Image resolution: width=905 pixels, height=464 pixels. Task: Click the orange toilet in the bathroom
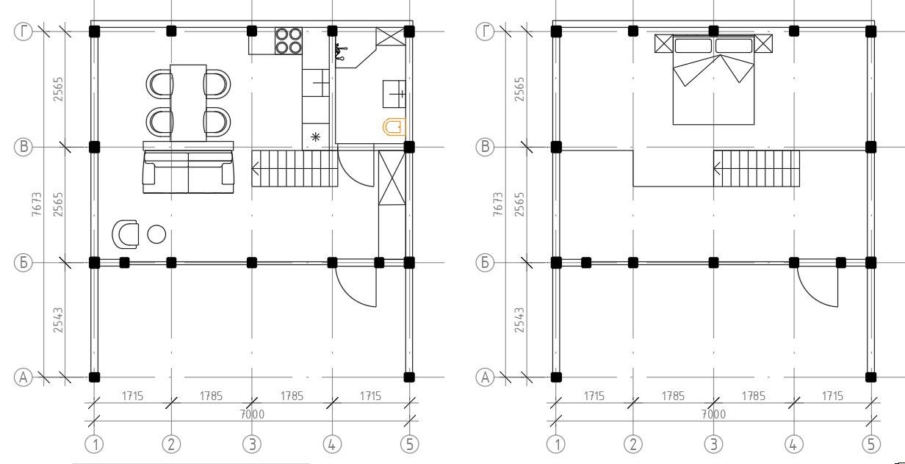[394, 127]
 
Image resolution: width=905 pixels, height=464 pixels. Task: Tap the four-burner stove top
[289, 41]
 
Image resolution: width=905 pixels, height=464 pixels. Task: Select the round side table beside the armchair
[156, 234]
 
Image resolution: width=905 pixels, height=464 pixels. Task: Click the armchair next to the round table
[126, 234]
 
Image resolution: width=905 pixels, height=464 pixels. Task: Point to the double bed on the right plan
[713, 80]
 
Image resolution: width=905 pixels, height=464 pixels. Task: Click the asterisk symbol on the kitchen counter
[316, 137]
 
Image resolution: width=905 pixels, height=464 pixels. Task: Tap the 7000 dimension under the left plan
[252, 414]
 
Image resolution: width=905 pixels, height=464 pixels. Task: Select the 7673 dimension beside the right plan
[498, 204]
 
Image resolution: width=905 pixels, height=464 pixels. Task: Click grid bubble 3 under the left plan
[252, 444]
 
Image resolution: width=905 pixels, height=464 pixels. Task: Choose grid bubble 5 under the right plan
[871, 444]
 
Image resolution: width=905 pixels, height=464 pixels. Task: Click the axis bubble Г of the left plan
[24, 31]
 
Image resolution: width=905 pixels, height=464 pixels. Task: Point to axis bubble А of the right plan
[486, 377]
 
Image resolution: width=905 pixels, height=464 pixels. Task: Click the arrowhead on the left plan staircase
[255, 168]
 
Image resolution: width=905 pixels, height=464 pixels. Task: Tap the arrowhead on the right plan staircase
[717, 168]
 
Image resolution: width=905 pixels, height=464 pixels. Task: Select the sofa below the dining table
[188, 167]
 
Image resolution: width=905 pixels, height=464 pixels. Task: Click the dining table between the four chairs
[188, 103]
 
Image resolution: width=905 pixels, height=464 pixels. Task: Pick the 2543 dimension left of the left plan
[58, 320]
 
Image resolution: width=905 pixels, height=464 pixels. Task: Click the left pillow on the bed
[693, 46]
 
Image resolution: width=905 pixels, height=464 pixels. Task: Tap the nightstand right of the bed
[764, 43]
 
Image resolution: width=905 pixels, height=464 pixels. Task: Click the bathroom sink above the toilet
[394, 94]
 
